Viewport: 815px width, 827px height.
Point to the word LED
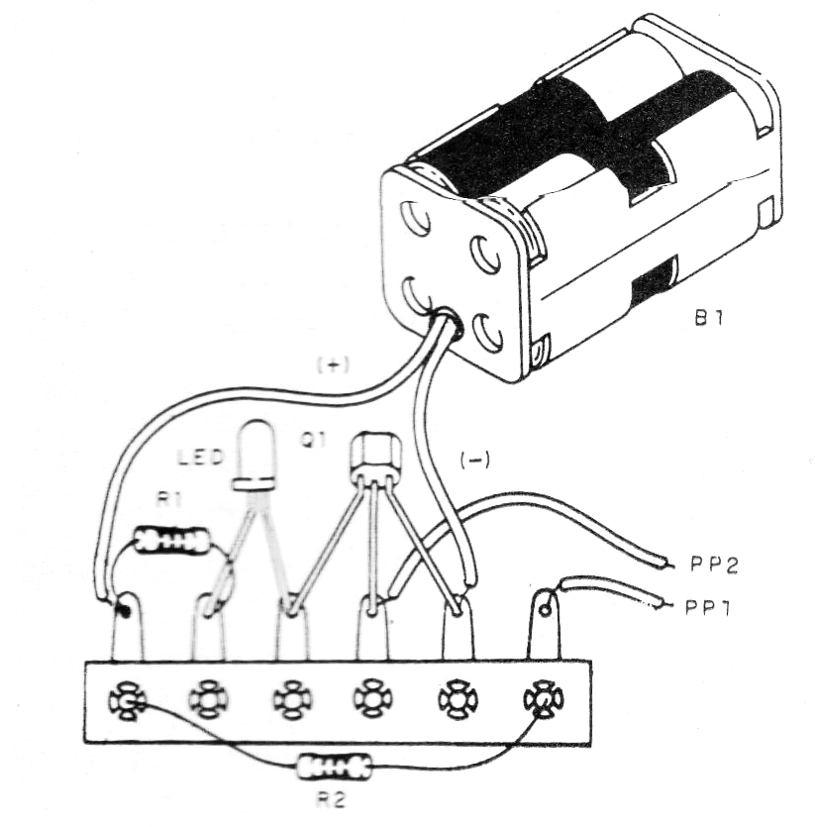[200, 457]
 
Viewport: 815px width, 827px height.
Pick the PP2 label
[714, 565]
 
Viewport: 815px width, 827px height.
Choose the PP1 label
[708, 608]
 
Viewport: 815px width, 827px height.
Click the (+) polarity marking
[333, 365]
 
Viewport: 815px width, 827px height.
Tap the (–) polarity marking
[474, 461]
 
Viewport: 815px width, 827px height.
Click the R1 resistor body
[171, 541]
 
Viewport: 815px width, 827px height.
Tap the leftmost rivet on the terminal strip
[127, 700]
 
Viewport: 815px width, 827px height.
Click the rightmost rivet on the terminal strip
[544, 700]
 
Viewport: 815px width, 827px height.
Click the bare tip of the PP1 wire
[663, 605]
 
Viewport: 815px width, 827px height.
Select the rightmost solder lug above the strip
[544, 625]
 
